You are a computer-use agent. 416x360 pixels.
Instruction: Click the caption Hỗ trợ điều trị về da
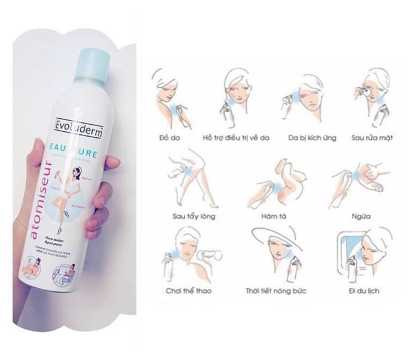pyautogui.click(x=236, y=137)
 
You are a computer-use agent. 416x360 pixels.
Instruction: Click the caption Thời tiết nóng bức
pyautogui.click(x=276, y=291)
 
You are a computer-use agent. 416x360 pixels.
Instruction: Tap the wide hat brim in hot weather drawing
pyautogui.click(x=277, y=234)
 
